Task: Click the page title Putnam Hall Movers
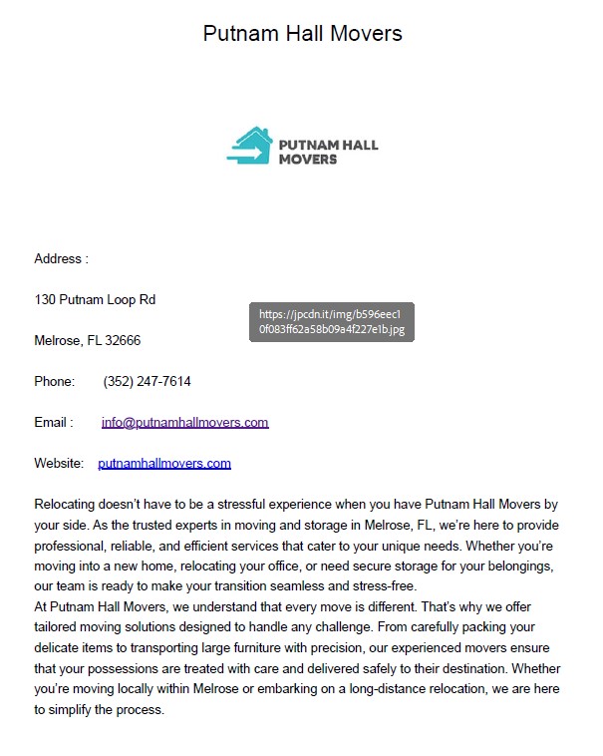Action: pyautogui.click(x=302, y=33)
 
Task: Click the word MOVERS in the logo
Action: pyautogui.click(x=308, y=159)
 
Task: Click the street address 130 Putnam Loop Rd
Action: pyautogui.click(x=95, y=300)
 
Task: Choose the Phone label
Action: pyautogui.click(x=54, y=382)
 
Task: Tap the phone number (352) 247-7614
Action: pyautogui.click(x=147, y=382)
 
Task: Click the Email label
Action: pyautogui.click(x=53, y=423)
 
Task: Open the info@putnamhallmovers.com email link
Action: pyautogui.click(x=184, y=423)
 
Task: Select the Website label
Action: pyautogui.click(x=59, y=464)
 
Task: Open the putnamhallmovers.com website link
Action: pyautogui.click(x=164, y=464)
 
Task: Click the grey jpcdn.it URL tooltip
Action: pyautogui.click(x=331, y=321)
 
